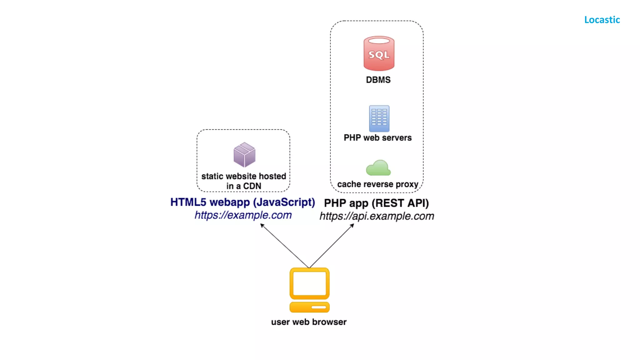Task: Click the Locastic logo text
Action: [x=602, y=20]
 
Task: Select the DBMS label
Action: [x=378, y=80]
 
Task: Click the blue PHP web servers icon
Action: [x=379, y=119]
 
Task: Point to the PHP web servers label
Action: [x=377, y=138]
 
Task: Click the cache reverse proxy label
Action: [x=377, y=184]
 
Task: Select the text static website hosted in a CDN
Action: [x=244, y=181]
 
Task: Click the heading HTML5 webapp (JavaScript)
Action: [x=242, y=202]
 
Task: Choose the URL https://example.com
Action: [x=243, y=215]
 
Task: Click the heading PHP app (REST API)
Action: [x=376, y=203]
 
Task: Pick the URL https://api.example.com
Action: [x=377, y=216]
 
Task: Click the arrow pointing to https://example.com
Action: [x=284, y=246]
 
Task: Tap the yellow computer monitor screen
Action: [x=309, y=283]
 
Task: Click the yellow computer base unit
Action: [x=309, y=307]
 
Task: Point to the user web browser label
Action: [x=309, y=322]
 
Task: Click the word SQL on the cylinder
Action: [x=379, y=55]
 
